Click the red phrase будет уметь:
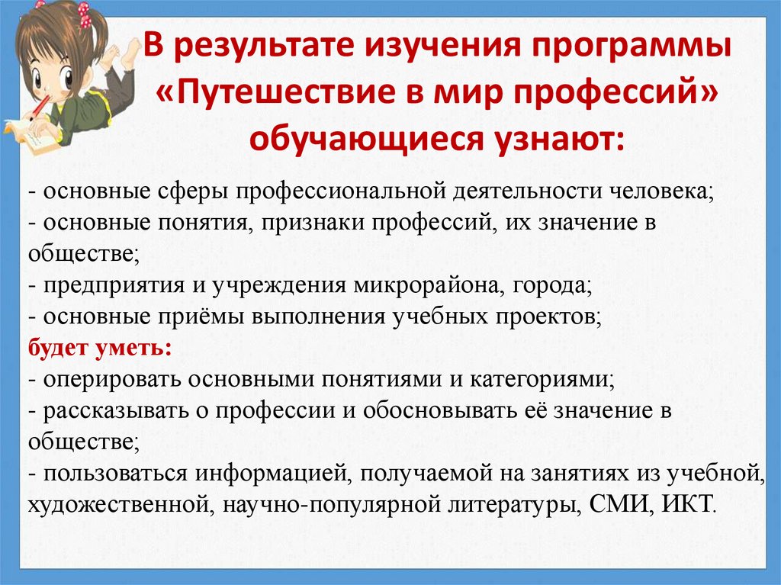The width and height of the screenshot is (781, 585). (100, 349)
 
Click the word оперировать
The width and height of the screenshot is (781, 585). (104, 379)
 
